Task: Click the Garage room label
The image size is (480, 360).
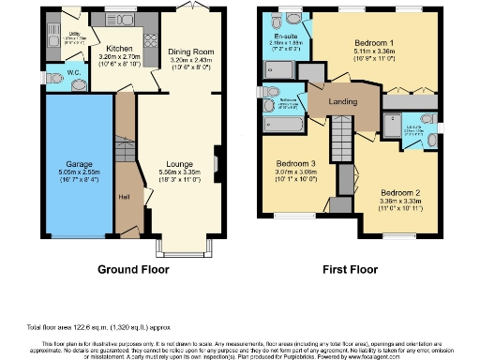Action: [x=66, y=163]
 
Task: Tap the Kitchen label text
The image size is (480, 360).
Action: [x=119, y=48]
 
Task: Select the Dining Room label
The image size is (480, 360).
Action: [x=185, y=52]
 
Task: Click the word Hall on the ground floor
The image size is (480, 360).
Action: [x=123, y=198]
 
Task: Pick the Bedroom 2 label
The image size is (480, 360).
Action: [x=393, y=193]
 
